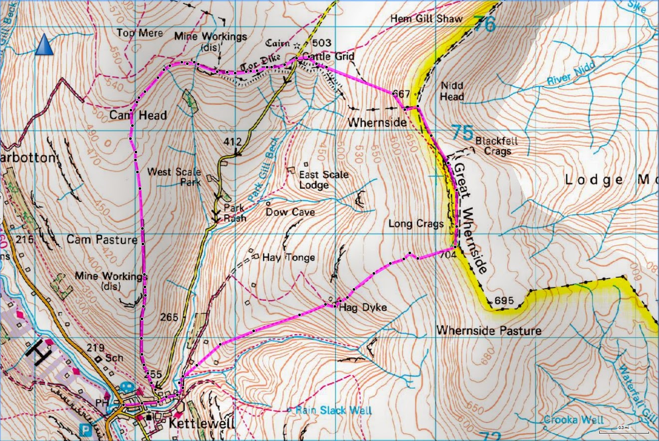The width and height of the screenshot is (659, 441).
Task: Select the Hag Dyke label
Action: coord(363,308)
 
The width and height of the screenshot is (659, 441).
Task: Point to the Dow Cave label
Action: coord(290,212)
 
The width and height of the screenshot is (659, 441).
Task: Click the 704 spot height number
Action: coord(449,254)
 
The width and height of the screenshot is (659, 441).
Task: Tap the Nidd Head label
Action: coord(451,91)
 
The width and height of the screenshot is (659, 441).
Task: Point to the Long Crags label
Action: coord(416,224)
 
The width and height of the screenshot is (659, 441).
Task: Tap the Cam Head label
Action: coord(138,116)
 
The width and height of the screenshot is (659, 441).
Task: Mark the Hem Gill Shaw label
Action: coord(426,19)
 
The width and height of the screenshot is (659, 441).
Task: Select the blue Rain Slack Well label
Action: coord(333,411)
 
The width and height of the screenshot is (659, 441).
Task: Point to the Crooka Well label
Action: coord(574,420)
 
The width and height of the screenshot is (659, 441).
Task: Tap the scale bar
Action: coord(624,431)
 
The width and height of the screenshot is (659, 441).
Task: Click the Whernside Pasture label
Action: coord(488,331)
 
